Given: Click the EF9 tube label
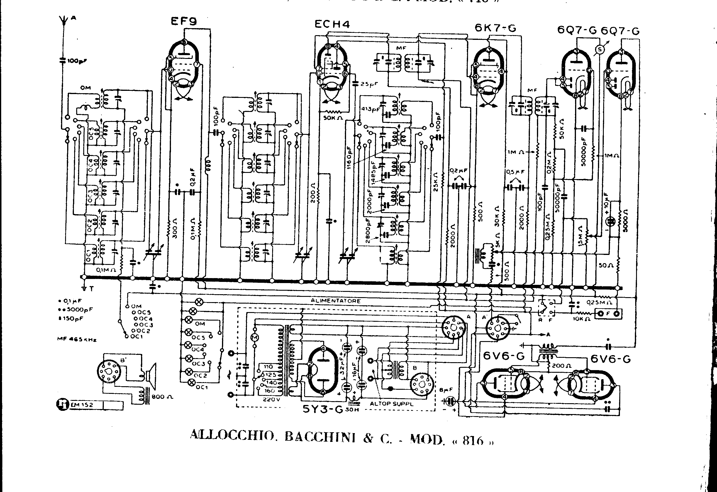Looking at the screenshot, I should coord(184,21).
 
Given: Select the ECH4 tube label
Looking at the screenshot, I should coord(332,24).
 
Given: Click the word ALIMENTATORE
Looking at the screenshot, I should coord(335,301).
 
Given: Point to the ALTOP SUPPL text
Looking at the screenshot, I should coord(391,404).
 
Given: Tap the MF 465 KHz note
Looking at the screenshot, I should coord(77,339).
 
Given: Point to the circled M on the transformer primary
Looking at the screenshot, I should coord(255,338).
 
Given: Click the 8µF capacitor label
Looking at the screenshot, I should coord(446,390).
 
